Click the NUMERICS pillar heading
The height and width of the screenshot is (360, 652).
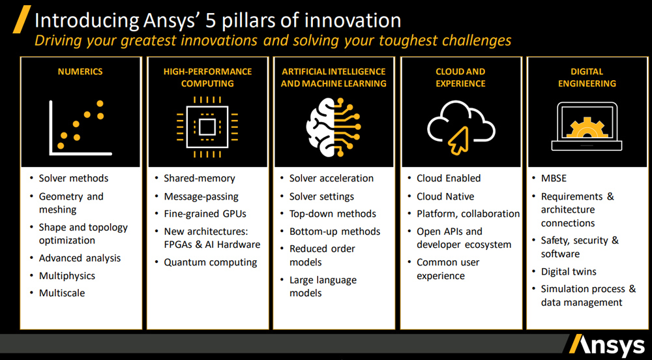[80, 72]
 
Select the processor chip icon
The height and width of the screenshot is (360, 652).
[207, 127]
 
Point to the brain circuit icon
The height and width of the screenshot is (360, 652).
[333, 127]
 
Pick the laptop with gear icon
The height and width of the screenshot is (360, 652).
[587, 127]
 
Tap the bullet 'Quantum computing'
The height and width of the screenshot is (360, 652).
[211, 263]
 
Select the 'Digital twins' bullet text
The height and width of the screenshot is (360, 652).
[569, 271]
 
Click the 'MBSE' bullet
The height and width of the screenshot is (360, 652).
[554, 178]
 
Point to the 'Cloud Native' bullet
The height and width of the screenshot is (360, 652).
[445, 196]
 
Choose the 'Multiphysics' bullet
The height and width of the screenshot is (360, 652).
[67, 276]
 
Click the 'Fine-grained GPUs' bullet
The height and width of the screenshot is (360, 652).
[205, 214]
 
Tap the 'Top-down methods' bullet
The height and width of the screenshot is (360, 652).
[333, 214]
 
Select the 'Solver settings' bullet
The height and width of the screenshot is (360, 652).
[321, 196]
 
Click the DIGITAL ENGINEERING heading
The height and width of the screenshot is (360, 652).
[587, 78]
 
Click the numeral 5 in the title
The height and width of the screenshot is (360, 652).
[211, 21]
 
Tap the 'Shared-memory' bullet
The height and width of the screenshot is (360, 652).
[199, 178]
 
